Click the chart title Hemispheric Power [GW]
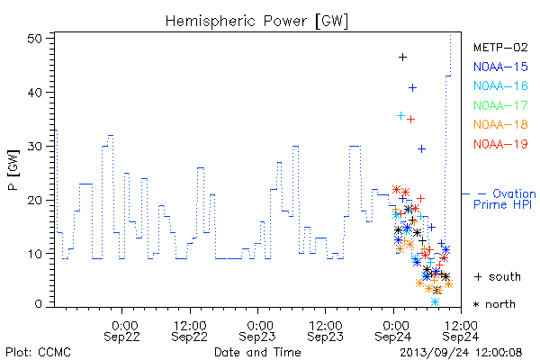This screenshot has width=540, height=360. click(256, 22)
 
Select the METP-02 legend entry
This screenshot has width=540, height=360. click(500, 47)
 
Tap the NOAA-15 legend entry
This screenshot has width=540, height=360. click(500, 67)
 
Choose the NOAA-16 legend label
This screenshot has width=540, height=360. click(500, 85)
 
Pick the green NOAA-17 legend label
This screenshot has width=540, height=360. click(500, 105)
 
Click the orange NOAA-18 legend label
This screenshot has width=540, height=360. click(500, 124)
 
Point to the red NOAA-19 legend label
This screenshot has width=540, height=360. click(500, 144)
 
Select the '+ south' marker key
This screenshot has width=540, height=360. click(498, 276)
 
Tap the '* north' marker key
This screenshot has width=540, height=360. click(494, 304)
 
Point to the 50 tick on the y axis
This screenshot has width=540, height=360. click(34, 39)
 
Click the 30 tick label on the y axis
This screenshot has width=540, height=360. click(34, 147)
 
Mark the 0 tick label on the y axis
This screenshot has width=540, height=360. click(38, 304)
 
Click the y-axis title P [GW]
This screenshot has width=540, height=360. click(13, 170)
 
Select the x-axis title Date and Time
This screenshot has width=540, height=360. click(257, 352)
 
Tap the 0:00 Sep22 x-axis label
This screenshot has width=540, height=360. click(121, 331)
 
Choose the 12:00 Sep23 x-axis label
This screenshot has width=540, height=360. click(326, 331)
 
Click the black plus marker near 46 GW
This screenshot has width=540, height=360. click(402, 58)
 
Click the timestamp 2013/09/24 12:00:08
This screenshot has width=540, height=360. click(461, 353)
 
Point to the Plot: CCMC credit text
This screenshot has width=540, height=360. click(39, 353)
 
